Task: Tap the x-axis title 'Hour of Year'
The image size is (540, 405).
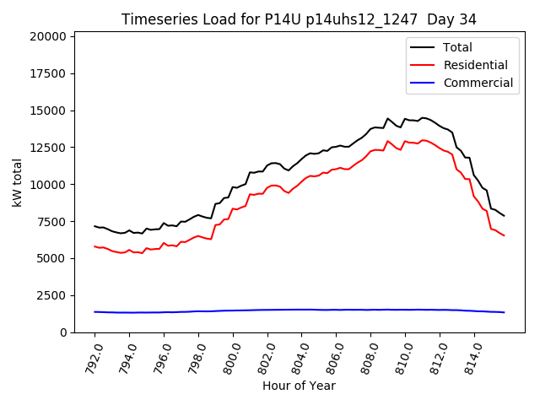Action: pos(299,386)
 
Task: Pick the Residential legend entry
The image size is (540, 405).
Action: pos(476,65)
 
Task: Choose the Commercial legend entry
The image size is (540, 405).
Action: pos(478,83)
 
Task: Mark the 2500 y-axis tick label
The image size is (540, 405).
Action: pos(52,295)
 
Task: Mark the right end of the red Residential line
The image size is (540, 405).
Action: pos(504,235)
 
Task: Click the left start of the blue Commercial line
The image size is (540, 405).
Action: pos(94,311)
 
